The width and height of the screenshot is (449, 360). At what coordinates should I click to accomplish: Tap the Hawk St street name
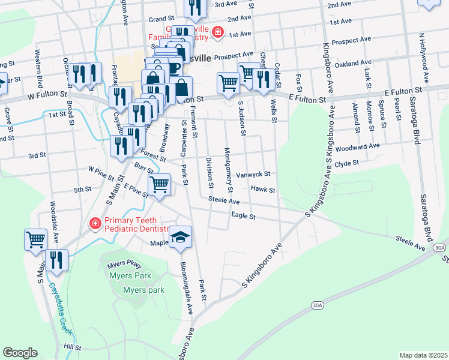tap(263, 190)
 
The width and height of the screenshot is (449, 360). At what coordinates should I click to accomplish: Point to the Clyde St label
tap(346, 163)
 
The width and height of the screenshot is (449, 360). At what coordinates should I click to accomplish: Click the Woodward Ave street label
tap(358, 146)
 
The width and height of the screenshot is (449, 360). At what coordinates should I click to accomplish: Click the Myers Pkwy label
tap(124, 265)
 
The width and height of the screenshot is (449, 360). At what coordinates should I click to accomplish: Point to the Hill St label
tap(72, 347)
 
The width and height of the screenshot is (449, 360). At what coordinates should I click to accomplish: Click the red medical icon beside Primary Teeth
tap(94, 224)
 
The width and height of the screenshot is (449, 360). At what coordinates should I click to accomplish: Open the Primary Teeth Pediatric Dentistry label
tap(137, 224)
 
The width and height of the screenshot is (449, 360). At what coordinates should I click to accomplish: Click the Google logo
tap(20, 353)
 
